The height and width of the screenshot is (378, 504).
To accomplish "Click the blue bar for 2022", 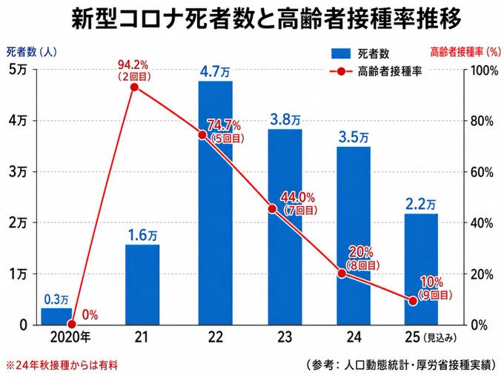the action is tap(216, 203).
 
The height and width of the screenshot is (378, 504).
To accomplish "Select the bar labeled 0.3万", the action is tap(56, 316).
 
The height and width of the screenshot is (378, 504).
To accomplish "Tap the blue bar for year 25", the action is tap(421, 269).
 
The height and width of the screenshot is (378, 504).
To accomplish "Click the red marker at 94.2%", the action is tap(135, 87).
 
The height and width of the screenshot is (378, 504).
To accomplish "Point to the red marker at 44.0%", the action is tap(272, 209).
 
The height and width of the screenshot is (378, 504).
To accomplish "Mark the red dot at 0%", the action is tap(72, 324).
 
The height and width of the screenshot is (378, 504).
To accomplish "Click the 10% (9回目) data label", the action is tap(435, 288).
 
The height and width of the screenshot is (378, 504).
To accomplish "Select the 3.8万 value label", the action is tap(285, 120).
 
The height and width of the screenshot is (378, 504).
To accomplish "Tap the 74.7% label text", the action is tap(224, 125).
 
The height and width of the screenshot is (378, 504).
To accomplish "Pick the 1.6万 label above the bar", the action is tap(142, 236).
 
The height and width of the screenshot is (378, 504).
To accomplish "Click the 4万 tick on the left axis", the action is tap(18, 121).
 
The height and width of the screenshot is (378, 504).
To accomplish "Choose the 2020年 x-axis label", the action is tap(70, 337).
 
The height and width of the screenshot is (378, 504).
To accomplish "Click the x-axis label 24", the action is tap(354, 337).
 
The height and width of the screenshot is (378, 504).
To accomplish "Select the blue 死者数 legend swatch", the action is tap(341, 53).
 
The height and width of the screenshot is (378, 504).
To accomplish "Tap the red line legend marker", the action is tap(341, 71).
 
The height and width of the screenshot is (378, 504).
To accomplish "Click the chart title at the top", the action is tap(266, 19).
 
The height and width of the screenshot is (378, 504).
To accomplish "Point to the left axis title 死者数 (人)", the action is tap(31, 52).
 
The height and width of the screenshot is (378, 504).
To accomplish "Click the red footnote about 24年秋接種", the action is tap(62, 365).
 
